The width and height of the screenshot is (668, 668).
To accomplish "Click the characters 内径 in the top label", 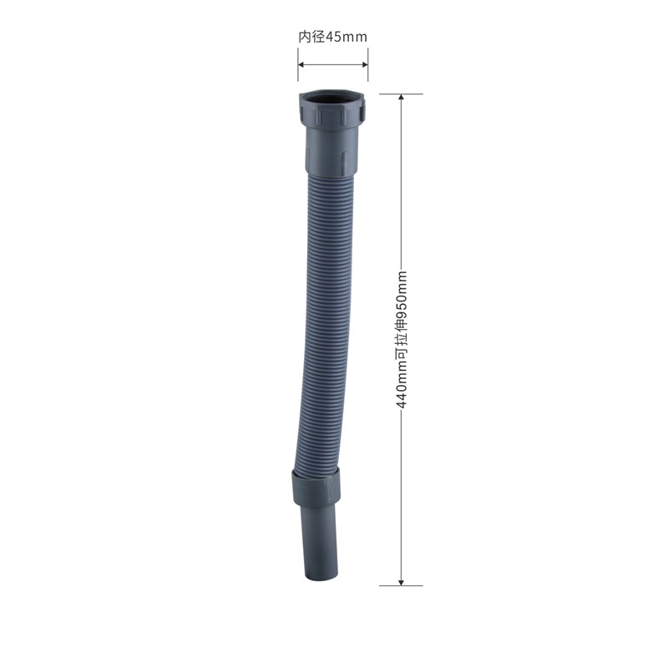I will [311, 37].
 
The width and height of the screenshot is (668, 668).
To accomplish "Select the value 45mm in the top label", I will [345, 37].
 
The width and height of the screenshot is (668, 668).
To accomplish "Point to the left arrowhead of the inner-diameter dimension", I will [302, 64].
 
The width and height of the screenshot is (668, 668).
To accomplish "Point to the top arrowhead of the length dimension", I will [401, 99].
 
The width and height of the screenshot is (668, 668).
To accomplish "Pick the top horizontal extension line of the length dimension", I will [401, 94].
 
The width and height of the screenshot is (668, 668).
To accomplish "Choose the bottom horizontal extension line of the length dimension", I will [401, 584].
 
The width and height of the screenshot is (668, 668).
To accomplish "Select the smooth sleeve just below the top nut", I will [332, 150].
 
